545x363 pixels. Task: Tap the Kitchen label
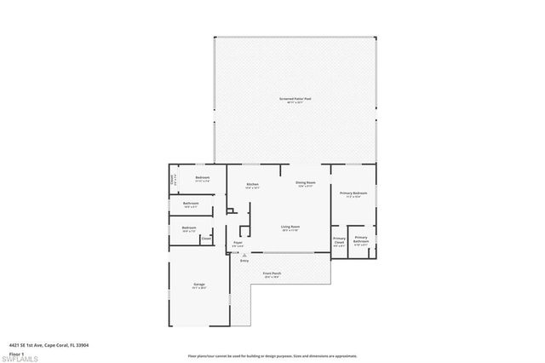coord(252,184)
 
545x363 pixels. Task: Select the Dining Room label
coord(306,182)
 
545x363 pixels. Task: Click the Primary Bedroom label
coord(353,193)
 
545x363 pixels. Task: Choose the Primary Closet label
coord(339,239)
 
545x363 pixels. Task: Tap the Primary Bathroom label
coord(361,239)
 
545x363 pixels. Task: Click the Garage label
coord(199,284)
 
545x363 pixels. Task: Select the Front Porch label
coord(272,274)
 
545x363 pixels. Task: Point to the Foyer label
coord(238,242)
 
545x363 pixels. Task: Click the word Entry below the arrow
coord(244,261)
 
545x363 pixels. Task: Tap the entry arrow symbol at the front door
coord(244,254)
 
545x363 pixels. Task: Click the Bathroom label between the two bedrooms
coord(191,203)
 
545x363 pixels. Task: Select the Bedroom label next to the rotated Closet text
coord(202,177)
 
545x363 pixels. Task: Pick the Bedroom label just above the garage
coord(189,228)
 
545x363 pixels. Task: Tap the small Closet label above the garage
coord(205,239)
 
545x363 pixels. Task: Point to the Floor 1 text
coord(14,352)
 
